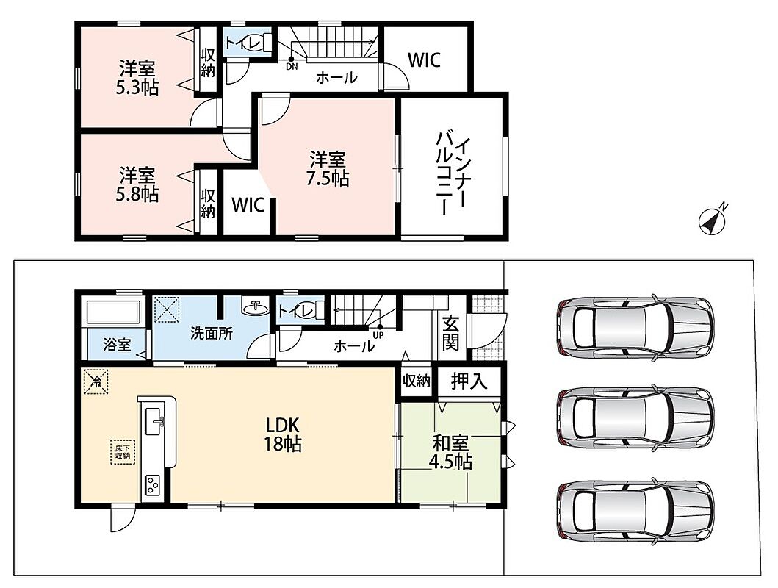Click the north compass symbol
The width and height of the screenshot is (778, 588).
[x=713, y=220]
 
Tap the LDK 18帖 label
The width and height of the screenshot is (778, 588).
[x=282, y=434]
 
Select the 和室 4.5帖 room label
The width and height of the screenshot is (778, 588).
[x=450, y=452]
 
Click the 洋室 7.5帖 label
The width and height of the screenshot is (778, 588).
[x=328, y=169]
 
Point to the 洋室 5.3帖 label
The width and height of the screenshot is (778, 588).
[x=137, y=78]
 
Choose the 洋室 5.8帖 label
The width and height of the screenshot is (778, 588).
[x=137, y=184]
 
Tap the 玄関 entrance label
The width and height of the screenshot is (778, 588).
[x=450, y=333]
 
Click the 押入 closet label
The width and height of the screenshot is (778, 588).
[x=469, y=381]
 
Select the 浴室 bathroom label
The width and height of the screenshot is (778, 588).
[x=117, y=345]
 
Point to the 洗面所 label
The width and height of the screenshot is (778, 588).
[x=212, y=334]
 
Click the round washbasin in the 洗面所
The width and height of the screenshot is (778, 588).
[x=256, y=308]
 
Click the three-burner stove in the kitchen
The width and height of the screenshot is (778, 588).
[x=152, y=485]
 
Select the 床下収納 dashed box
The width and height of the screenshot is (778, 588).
[x=123, y=452]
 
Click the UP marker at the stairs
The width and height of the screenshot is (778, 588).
[x=378, y=331]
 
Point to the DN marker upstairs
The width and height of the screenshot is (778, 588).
[x=292, y=63]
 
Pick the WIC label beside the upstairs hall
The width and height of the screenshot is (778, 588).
[x=424, y=60]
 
